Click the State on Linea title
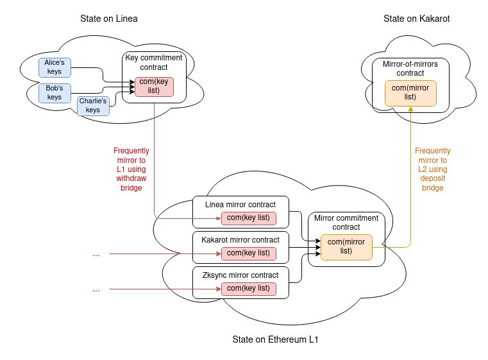click(109, 19)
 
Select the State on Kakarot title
click(417, 19)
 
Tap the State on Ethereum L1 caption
click(275, 339)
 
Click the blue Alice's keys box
click(55, 67)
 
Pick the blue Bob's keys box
click(55, 93)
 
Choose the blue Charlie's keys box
click(93, 106)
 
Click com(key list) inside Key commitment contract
click(154, 86)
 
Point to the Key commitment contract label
click(154, 62)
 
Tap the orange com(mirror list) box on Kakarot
click(410, 92)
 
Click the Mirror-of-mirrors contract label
click(410, 69)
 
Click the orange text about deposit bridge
click(433, 169)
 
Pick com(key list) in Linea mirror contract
click(248, 218)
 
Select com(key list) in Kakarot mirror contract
click(248, 253)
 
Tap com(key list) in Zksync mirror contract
click(248, 289)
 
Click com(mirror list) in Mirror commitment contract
click(346, 246)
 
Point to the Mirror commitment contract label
click(346, 223)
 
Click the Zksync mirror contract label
click(240, 275)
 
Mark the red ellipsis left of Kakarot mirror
click(96, 254)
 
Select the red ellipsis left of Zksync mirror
click(96, 289)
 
